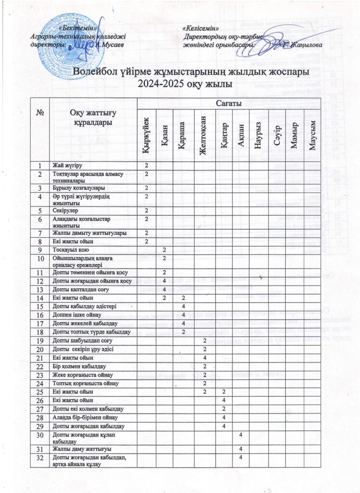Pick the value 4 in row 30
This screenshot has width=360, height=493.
(241, 434)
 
